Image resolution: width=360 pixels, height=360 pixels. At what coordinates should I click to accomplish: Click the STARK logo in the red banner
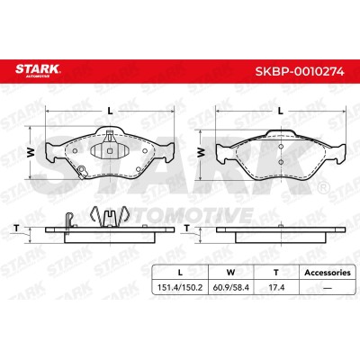click(x=38, y=70)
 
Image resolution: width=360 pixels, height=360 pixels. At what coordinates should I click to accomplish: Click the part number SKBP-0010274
click(x=300, y=72)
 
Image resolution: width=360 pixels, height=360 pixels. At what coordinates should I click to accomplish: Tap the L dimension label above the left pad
click(x=111, y=112)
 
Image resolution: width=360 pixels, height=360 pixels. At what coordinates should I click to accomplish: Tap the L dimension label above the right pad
click(x=281, y=112)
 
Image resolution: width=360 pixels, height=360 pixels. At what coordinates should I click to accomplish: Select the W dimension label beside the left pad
click(x=31, y=152)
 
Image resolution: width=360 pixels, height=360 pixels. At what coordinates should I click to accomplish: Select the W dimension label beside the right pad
click(x=201, y=152)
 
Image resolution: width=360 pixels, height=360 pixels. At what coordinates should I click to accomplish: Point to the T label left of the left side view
click(x=16, y=229)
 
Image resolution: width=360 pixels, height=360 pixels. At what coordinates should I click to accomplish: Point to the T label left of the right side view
click(x=187, y=229)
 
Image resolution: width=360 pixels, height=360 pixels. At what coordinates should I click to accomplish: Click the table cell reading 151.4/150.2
click(x=180, y=288)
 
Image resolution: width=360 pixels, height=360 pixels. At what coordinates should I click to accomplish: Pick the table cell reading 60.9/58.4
click(x=230, y=288)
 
